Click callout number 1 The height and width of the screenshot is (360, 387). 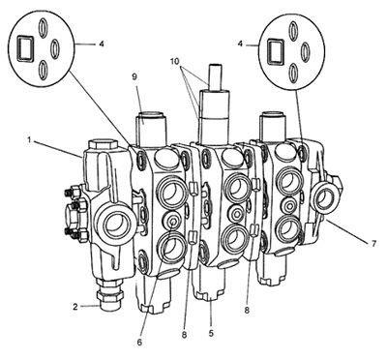pyautogui.click(x=29, y=140)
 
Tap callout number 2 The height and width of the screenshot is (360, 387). pyautogui.click(x=75, y=306)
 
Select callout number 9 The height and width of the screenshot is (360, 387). pyautogui.click(x=134, y=77)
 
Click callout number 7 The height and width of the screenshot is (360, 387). pyautogui.click(x=373, y=244)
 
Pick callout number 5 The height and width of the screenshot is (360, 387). pyautogui.click(x=211, y=333)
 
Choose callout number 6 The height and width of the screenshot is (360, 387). pyautogui.click(x=139, y=343)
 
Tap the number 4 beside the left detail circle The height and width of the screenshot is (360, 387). pyautogui.click(x=102, y=44)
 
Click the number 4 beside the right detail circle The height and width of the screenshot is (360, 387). pyautogui.click(x=240, y=44)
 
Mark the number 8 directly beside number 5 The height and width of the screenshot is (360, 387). pyautogui.click(x=184, y=335)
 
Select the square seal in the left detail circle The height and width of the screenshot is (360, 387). pyautogui.click(x=24, y=47)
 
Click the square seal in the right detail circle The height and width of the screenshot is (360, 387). pyautogui.click(x=276, y=52)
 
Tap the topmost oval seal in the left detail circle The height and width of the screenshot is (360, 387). pyautogui.click(x=43, y=28)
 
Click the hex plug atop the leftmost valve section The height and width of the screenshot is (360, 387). pyautogui.click(x=103, y=144)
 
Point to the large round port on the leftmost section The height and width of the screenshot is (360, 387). pyautogui.click(x=116, y=224)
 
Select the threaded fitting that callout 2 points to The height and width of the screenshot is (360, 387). pyautogui.click(x=109, y=294)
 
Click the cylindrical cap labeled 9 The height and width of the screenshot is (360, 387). pyautogui.click(x=151, y=128)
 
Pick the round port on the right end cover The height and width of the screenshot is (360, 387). pyautogui.click(x=323, y=198)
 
